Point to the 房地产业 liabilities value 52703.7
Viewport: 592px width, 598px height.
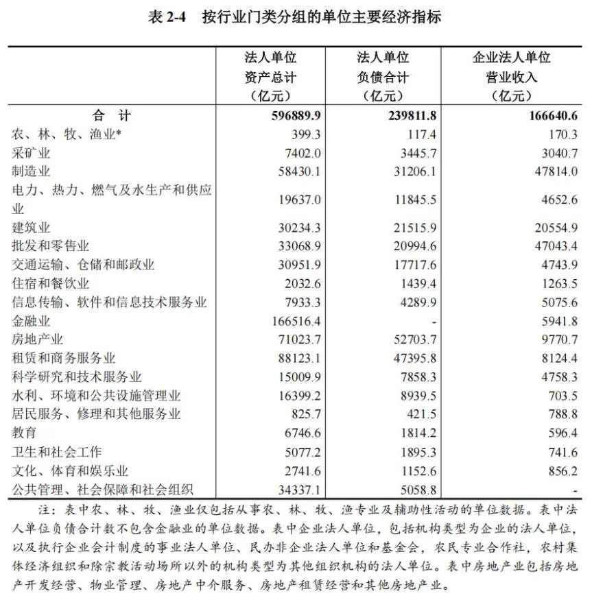click(x=412, y=339)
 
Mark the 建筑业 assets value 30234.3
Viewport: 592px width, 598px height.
click(x=298, y=227)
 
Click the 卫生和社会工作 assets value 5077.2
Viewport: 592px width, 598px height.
click(x=300, y=452)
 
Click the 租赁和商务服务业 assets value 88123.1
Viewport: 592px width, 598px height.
click(x=298, y=358)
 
